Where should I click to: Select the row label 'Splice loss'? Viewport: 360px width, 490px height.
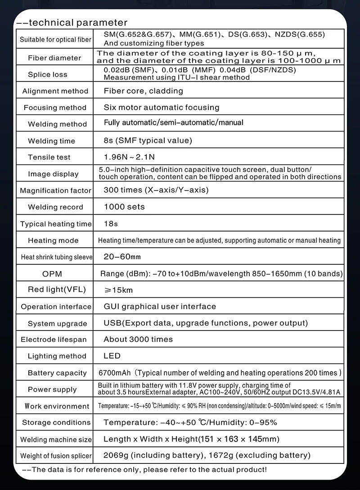pos(47,75)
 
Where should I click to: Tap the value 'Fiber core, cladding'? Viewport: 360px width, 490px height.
pos(143,91)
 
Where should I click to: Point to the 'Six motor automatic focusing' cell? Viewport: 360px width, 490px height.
pos(161,108)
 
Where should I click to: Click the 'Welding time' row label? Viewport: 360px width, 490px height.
pos(52,141)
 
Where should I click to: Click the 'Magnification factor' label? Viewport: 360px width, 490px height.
pos(56,191)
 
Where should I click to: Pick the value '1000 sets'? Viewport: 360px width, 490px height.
pos(124,207)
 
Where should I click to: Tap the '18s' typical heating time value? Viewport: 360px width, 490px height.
pos(111,224)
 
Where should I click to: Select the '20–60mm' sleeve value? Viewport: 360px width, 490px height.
pos(122,257)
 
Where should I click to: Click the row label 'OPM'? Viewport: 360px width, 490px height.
pos(52,274)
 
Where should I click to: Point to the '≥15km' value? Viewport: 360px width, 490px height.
pos(118,290)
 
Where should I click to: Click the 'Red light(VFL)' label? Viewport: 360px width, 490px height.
pos(57,290)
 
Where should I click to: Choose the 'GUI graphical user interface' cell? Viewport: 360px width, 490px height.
pos(160,307)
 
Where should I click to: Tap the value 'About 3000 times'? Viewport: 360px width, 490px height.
pos(138,340)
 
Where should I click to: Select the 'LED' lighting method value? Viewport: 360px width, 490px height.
pos(112,356)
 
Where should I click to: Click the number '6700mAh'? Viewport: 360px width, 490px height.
pos(115,373)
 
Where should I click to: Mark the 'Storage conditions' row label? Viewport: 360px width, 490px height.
pos(56,422)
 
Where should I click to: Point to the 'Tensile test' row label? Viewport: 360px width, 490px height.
pos(49,158)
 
